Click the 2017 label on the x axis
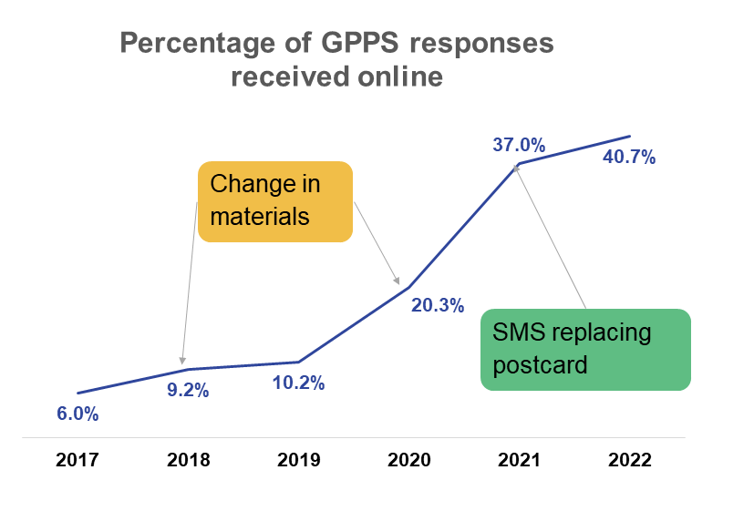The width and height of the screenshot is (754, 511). click(77, 460)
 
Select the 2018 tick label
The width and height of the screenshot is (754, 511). click(189, 460)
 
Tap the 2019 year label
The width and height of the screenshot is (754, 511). click(299, 460)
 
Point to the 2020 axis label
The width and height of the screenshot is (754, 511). click(409, 460)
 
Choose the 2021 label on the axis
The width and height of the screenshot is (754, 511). click(520, 460)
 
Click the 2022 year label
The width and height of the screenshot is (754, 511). click(630, 460)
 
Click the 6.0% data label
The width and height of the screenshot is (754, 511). click(77, 414)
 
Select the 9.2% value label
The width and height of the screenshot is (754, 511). click(188, 391)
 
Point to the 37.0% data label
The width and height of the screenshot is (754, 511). click(519, 144)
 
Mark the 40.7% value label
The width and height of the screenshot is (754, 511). click(630, 157)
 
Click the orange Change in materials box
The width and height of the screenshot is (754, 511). click(275, 202)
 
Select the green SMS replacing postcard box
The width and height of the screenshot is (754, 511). click(585, 350)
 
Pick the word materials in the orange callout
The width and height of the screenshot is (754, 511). click(260, 218)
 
